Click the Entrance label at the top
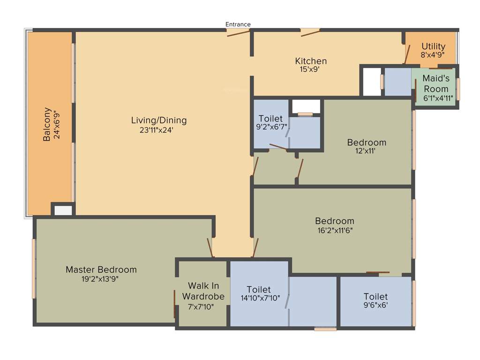[x=238, y=24]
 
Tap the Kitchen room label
[x=311, y=61]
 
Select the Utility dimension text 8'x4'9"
[x=432, y=55]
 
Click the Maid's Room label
[x=436, y=83]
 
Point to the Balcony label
[x=47, y=125]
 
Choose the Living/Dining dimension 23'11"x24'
[x=158, y=130]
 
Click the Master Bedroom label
[x=101, y=270]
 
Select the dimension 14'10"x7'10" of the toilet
[x=259, y=299]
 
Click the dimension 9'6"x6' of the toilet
[x=375, y=305]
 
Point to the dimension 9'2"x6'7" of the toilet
[x=270, y=127]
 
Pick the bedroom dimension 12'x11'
[x=366, y=151]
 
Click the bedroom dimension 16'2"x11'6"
[x=335, y=230]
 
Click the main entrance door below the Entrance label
[x=238, y=32]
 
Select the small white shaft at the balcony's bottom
[x=63, y=210]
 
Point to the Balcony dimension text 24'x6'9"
[x=58, y=125]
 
